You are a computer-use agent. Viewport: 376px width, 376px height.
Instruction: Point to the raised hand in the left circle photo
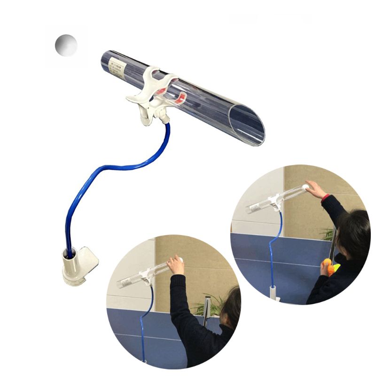click(x=176, y=265)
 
